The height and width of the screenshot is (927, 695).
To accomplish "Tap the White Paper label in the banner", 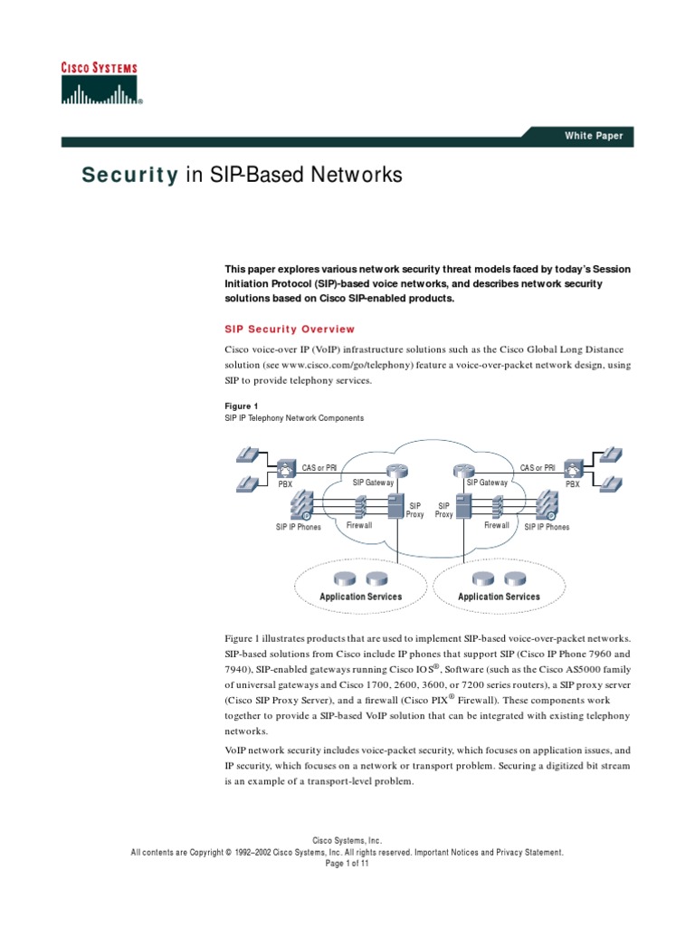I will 594,137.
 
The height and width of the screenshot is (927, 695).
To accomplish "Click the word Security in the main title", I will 130,176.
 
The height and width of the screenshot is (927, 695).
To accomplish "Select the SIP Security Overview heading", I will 290,330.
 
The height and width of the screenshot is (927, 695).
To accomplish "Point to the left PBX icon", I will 285,469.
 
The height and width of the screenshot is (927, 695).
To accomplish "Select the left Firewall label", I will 359,525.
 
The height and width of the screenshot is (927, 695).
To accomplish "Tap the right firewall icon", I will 498,505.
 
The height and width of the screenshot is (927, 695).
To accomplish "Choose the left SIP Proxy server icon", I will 395,508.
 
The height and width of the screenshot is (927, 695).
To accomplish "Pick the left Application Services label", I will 361,597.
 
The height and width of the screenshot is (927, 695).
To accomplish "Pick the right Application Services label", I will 499,597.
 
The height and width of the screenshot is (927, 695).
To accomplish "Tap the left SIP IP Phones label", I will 299,527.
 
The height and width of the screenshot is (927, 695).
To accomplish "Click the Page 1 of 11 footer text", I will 347,864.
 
